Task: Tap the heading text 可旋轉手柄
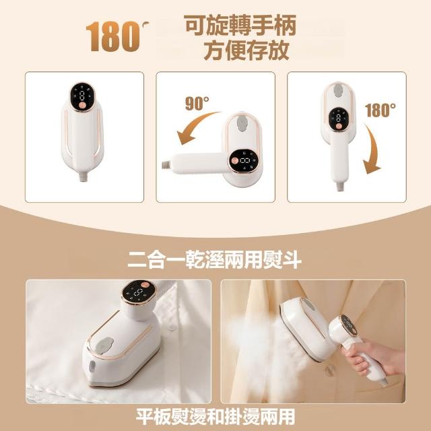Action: click(240, 26)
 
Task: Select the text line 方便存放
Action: click(246, 51)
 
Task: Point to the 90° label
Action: click(197, 103)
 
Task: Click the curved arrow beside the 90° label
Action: click(195, 127)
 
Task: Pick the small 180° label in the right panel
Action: click(380, 110)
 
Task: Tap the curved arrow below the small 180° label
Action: click(373, 148)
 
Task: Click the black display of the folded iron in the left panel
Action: click(82, 97)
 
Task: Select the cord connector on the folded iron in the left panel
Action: click(83, 176)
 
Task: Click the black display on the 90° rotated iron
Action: click(244, 161)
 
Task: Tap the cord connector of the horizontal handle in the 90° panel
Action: click(166, 165)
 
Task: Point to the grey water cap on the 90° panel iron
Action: click(241, 123)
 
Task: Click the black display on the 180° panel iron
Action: click(338, 119)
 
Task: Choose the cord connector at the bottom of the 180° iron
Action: click(340, 187)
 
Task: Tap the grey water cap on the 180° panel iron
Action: click(338, 91)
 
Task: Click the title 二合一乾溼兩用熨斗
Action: click(215, 260)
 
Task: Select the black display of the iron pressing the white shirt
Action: click(139, 292)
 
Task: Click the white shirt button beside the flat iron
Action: click(172, 327)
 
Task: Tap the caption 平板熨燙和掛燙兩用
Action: click(215, 417)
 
